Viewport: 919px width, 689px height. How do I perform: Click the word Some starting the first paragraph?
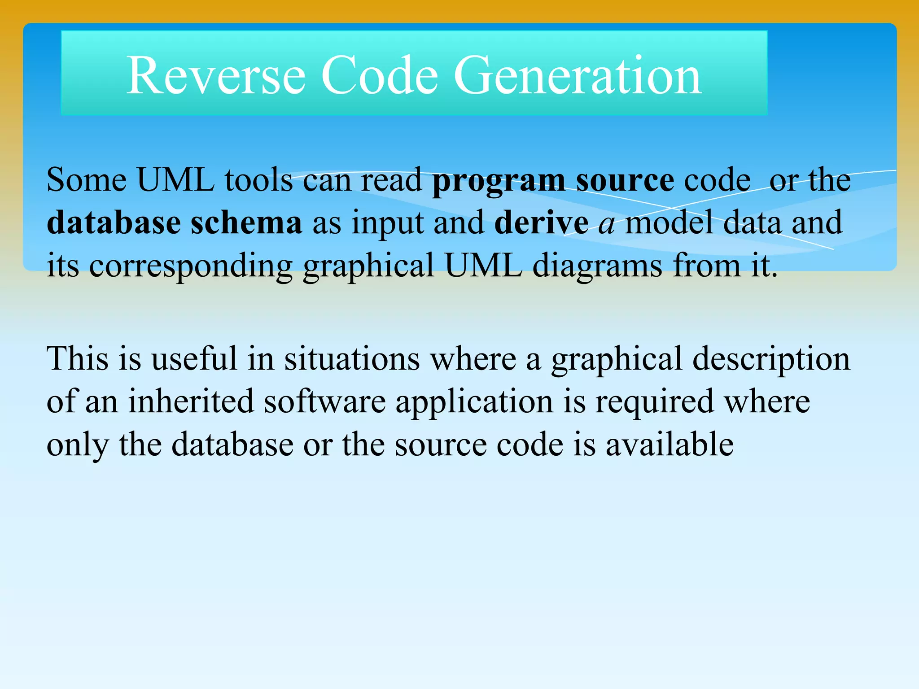coord(87,180)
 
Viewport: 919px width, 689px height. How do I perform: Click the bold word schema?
coord(246,222)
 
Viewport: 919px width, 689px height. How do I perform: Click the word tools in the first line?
coord(258,180)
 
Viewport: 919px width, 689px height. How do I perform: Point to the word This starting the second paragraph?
coord(77,358)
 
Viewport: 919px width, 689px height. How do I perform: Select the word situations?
coord(352,358)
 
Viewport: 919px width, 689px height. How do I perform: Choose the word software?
coord(324,401)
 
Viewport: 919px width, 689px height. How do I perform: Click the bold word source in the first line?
coord(625,181)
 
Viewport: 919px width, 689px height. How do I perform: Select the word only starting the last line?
coord(77,445)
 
